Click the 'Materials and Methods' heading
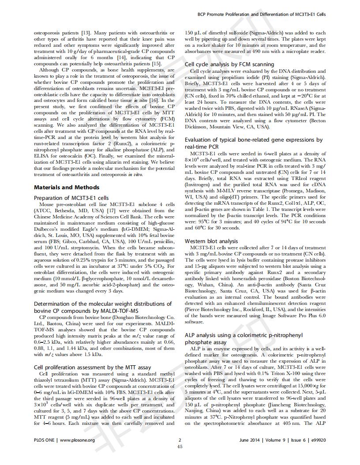pyautogui.click(x=67, y=187)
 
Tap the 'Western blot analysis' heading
pyautogui.click(x=211, y=241)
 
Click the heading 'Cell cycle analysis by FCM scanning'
pyautogui.click(x=229, y=64)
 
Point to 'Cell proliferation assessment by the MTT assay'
pyautogui.click(x=92, y=367)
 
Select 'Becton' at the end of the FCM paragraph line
pyautogui.click(x=318, y=120)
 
